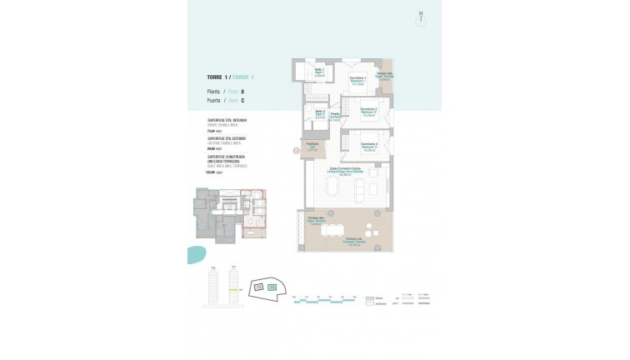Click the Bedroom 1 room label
point(359,81)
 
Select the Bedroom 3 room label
point(370,148)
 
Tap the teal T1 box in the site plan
point(271,287)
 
